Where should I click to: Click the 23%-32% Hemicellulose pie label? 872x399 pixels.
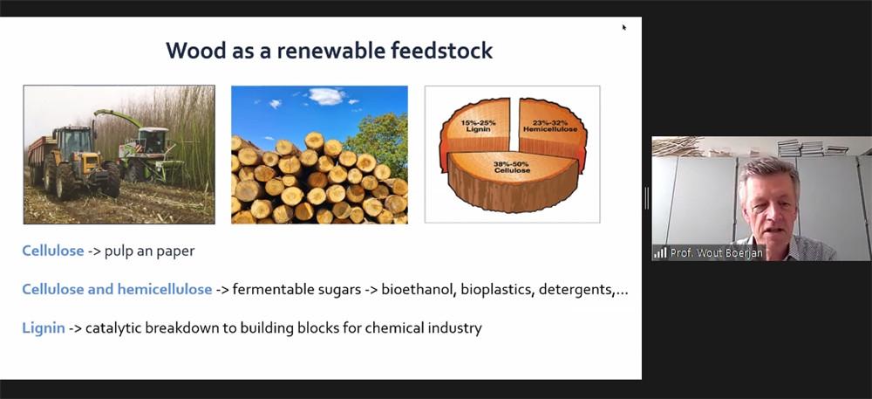click(x=549, y=125)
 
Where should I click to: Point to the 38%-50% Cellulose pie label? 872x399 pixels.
click(x=512, y=167)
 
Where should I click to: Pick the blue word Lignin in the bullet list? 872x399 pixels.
click(x=44, y=328)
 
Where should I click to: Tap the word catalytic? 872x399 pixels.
click(x=113, y=328)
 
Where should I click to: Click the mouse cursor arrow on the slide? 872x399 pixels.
click(x=624, y=27)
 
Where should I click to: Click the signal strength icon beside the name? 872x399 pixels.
click(x=660, y=253)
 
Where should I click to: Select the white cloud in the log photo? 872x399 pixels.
click(x=326, y=96)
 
